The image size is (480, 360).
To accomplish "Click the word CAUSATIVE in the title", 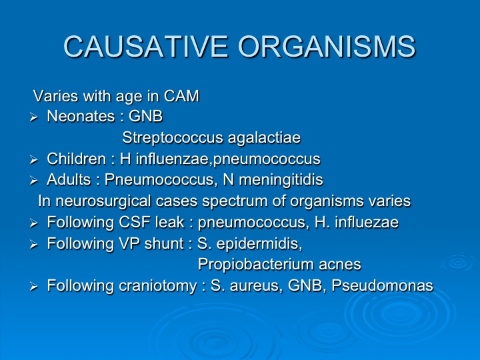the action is click(x=146, y=47).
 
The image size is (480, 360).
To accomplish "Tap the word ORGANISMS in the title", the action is click(x=327, y=47).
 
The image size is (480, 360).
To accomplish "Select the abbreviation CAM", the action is click(x=181, y=96).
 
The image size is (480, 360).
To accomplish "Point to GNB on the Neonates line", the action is click(x=146, y=116).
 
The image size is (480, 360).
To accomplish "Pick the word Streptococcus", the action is click(x=173, y=137).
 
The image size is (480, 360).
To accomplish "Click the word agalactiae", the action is click(x=265, y=138).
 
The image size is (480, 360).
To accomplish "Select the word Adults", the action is click(x=69, y=180).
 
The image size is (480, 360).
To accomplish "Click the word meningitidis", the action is click(x=281, y=180).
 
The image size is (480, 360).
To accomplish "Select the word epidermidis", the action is click(x=259, y=244).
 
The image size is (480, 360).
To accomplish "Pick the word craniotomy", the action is click(x=157, y=286).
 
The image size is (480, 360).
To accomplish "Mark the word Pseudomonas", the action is click(x=383, y=285).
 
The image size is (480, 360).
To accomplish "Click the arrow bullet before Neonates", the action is click(x=33, y=117).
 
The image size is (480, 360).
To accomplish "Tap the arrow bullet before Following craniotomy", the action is click(x=33, y=287).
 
